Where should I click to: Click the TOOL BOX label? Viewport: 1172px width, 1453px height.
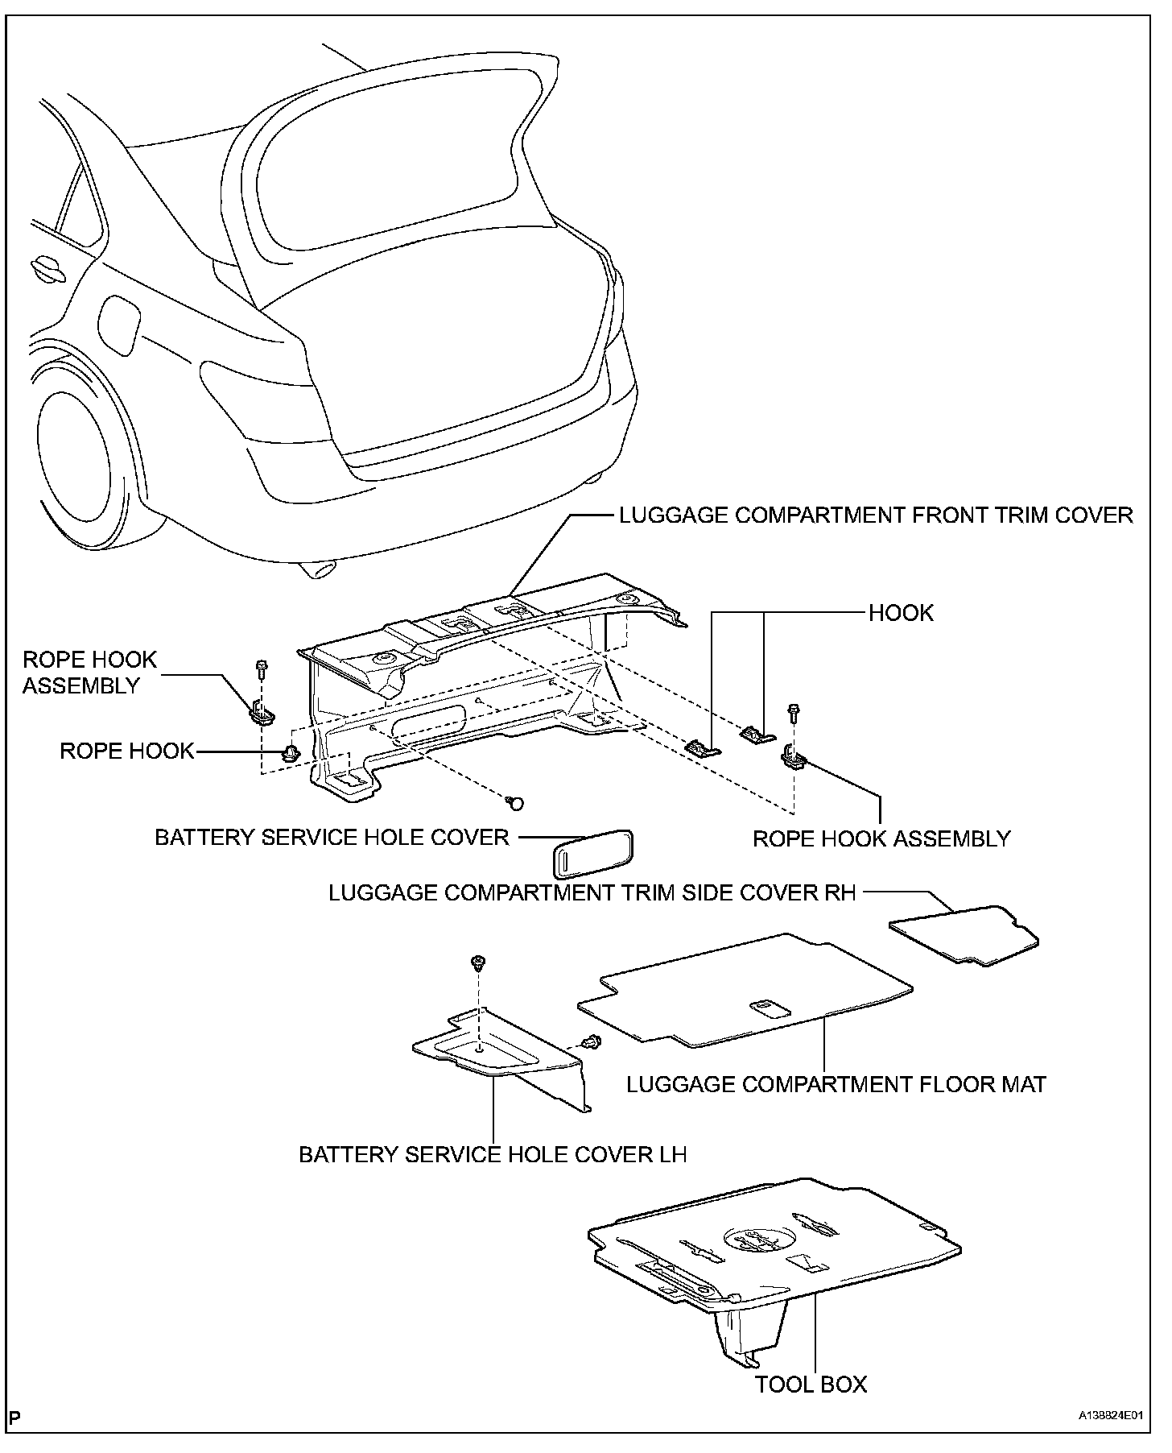[811, 1384]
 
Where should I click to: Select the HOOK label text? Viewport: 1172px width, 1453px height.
[901, 613]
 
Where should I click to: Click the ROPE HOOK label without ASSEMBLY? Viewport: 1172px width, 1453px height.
[127, 751]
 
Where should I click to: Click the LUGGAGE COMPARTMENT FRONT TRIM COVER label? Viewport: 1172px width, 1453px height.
[876, 515]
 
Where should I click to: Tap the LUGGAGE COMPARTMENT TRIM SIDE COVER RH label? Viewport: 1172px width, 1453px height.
[592, 892]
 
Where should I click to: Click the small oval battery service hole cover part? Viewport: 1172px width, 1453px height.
[591, 855]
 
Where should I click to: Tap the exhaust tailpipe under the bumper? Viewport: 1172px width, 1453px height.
[320, 569]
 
